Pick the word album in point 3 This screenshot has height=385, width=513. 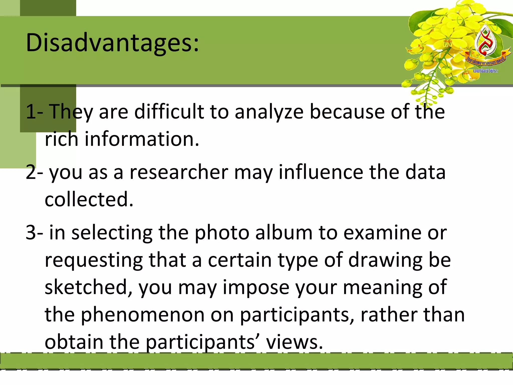(x=284, y=233)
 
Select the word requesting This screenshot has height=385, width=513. (x=94, y=261)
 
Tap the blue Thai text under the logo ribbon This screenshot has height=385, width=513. (x=485, y=71)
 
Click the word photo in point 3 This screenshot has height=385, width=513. (x=222, y=233)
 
